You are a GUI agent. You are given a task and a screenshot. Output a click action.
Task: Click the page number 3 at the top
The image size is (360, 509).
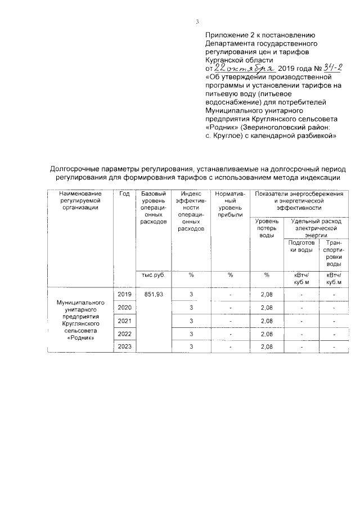point(197,22)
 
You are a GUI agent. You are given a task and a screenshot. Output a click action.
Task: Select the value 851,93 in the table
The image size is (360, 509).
point(154,294)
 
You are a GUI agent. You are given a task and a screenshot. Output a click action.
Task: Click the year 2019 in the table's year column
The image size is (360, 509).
point(124,294)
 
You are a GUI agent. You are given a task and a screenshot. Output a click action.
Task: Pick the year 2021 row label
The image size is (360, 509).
point(124,321)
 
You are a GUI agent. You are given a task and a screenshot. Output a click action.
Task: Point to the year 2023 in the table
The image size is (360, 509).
point(124,347)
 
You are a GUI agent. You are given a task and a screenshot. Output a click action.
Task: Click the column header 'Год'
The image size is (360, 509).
point(124,194)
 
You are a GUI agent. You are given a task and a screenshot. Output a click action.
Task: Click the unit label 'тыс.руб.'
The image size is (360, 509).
point(154,275)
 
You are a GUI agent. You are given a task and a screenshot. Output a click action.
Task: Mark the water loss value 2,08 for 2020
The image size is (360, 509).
point(267,308)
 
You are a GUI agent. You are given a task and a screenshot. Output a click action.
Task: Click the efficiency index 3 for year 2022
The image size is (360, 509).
point(191,334)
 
